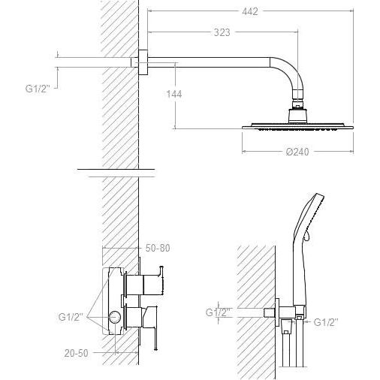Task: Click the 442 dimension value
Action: pyautogui.click(x=250, y=11)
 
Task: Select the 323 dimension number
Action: pyautogui.click(x=222, y=32)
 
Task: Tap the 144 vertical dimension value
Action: pyautogui.click(x=174, y=94)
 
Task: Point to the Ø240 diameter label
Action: pyautogui.click(x=297, y=152)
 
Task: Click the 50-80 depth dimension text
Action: pyautogui.click(x=158, y=248)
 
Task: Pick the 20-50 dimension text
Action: pyautogui.click(x=77, y=353)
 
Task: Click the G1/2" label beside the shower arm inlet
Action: pyautogui.click(x=38, y=89)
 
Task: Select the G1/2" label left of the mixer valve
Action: pyautogui.click(x=71, y=317)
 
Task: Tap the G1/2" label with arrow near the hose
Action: pyautogui.click(x=326, y=322)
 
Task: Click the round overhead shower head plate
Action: pyautogui.click(x=298, y=126)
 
